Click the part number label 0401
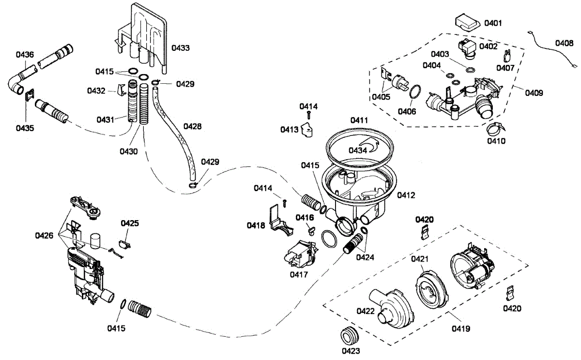pos(494,23)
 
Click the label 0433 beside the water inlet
pos(180,48)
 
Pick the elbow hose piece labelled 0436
pos(18,83)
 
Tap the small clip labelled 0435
pos(29,96)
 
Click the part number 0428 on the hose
pos(192,126)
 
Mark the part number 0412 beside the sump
pos(406,195)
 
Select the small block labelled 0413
pos(306,130)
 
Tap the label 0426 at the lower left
pos(45,235)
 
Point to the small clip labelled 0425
pos(124,240)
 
